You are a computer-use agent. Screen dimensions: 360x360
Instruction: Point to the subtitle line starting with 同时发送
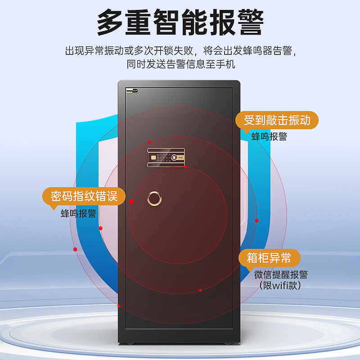(x=180, y=64)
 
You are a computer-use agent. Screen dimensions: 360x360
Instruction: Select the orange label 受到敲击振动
(x=277, y=120)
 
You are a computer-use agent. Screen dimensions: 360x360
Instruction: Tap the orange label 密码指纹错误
(x=84, y=196)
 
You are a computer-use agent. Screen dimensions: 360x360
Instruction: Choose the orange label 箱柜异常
(x=269, y=258)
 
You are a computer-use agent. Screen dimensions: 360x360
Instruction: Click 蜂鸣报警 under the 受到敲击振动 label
(x=269, y=137)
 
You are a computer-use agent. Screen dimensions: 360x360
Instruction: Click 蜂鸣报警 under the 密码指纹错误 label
(x=79, y=213)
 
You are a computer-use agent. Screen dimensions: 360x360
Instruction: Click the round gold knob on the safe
(x=154, y=198)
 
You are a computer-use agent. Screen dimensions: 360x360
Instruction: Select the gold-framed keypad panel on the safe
(x=166, y=157)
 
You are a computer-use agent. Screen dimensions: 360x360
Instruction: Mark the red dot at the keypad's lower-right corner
(x=185, y=167)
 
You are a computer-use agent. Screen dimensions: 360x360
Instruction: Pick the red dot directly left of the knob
(x=131, y=202)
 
